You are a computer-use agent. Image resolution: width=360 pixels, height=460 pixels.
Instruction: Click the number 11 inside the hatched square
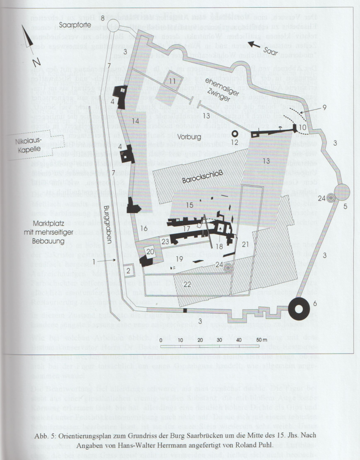pos(173,82)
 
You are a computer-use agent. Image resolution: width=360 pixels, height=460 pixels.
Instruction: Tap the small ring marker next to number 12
pos(234,134)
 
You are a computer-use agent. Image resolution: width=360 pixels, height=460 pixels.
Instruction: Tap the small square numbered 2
pos(128,270)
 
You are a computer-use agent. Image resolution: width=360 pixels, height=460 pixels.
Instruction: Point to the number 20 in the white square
pos(150,251)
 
